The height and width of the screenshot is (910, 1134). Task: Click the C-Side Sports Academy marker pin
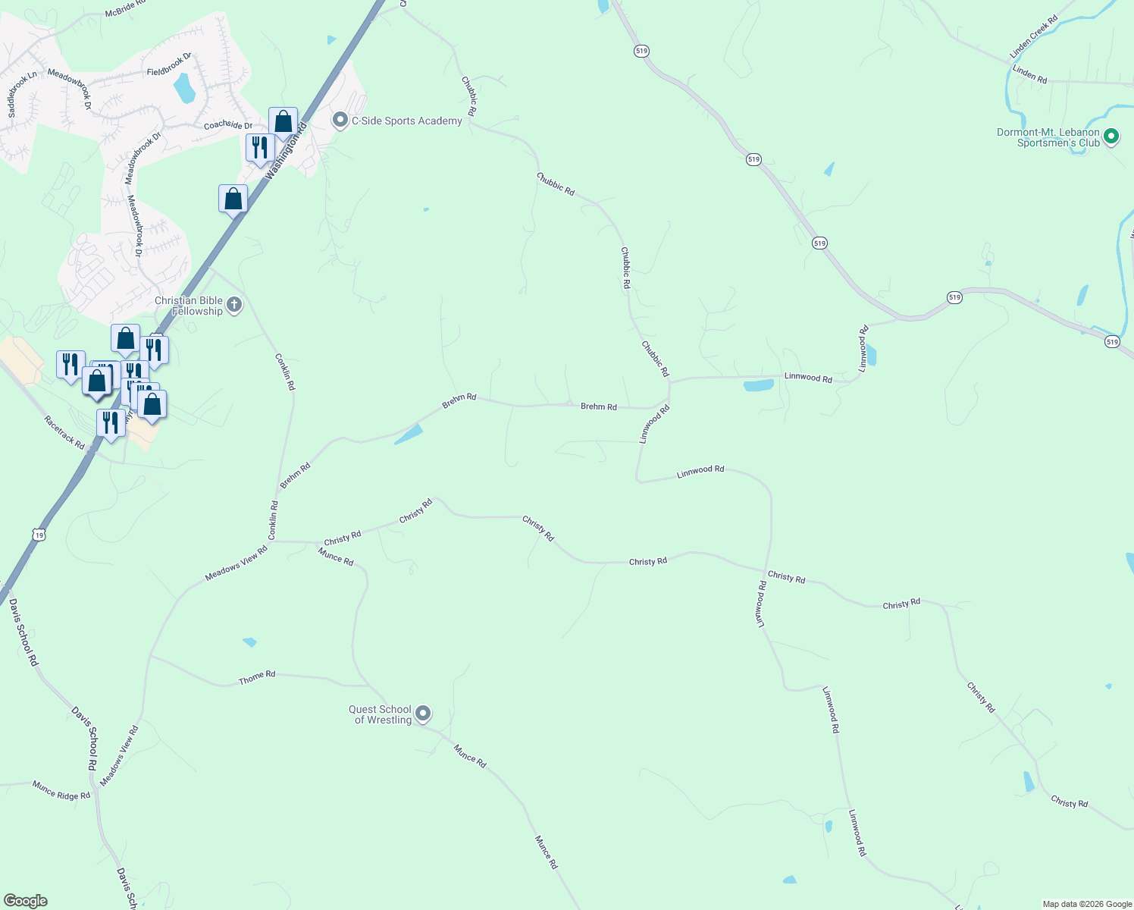pyautogui.click(x=340, y=121)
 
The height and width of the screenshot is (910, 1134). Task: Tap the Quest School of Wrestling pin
pyautogui.click(x=424, y=714)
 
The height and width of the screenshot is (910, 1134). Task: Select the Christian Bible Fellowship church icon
pyautogui.click(x=234, y=305)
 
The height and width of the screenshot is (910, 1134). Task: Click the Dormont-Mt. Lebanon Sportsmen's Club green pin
pyautogui.click(x=1111, y=137)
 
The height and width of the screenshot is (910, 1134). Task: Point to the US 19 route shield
pyautogui.click(x=39, y=535)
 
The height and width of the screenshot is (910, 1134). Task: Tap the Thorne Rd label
pyautogui.click(x=257, y=677)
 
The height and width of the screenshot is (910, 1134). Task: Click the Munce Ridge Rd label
pyautogui.click(x=61, y=790)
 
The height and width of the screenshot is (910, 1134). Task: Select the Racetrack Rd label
pyautogui.click(x=64, y=432)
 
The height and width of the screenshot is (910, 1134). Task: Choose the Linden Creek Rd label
pyautogui.click(x=1033, y=37)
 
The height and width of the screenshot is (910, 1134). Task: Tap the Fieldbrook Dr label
pyautogui.click(x=169, y=65)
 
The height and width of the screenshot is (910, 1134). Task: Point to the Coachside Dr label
pyautogui.click(x=227, y=125)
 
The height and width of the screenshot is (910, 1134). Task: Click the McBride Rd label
pyautogui.click(x=125, y=9)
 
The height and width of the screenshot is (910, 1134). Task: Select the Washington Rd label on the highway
pyautogui.click(x=286, y=150)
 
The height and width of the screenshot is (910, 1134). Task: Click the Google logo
pyautogui.click(x=26, y=901)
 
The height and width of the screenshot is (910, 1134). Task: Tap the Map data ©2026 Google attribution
pyautogui.click(x=1087, y=904)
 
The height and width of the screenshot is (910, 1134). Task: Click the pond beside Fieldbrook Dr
pyautogui.click(x=184, y=89)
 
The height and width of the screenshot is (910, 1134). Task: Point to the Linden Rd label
pyautogui.click(x=1029, y=74)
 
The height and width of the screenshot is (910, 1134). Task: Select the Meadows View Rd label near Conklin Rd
pyautogui.click(x=236, y=564)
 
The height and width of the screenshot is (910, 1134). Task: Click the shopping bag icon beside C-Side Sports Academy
pyautogui.click(x=283, y=122)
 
